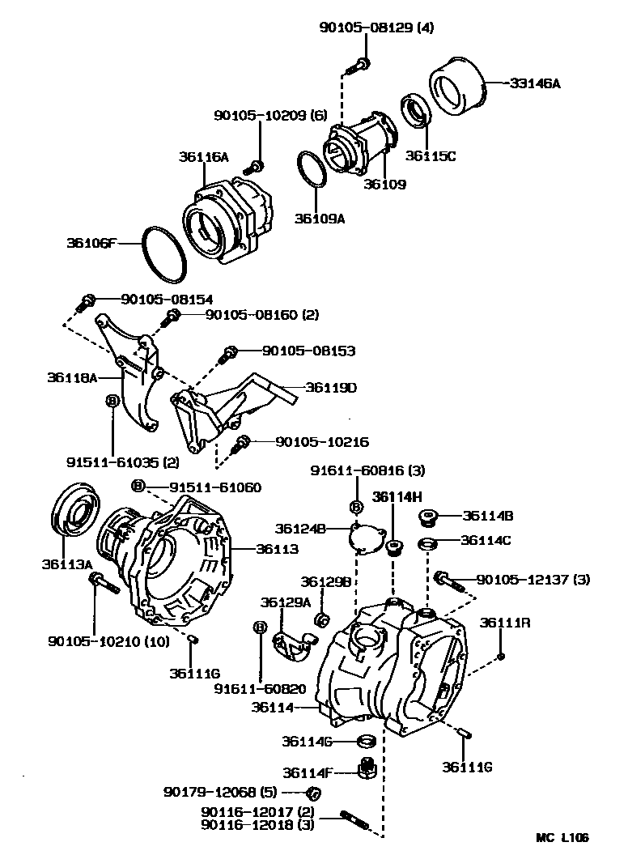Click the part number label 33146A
tap(535, 83)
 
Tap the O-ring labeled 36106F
tap(165, 253)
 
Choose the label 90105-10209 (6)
tap(270, 116)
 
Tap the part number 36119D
tap(331, 388)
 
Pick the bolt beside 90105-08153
tap(228, 354)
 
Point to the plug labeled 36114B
tap(428, 517)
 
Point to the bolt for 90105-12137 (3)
tap(446, 580)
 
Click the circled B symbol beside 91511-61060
tap(138, 486)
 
